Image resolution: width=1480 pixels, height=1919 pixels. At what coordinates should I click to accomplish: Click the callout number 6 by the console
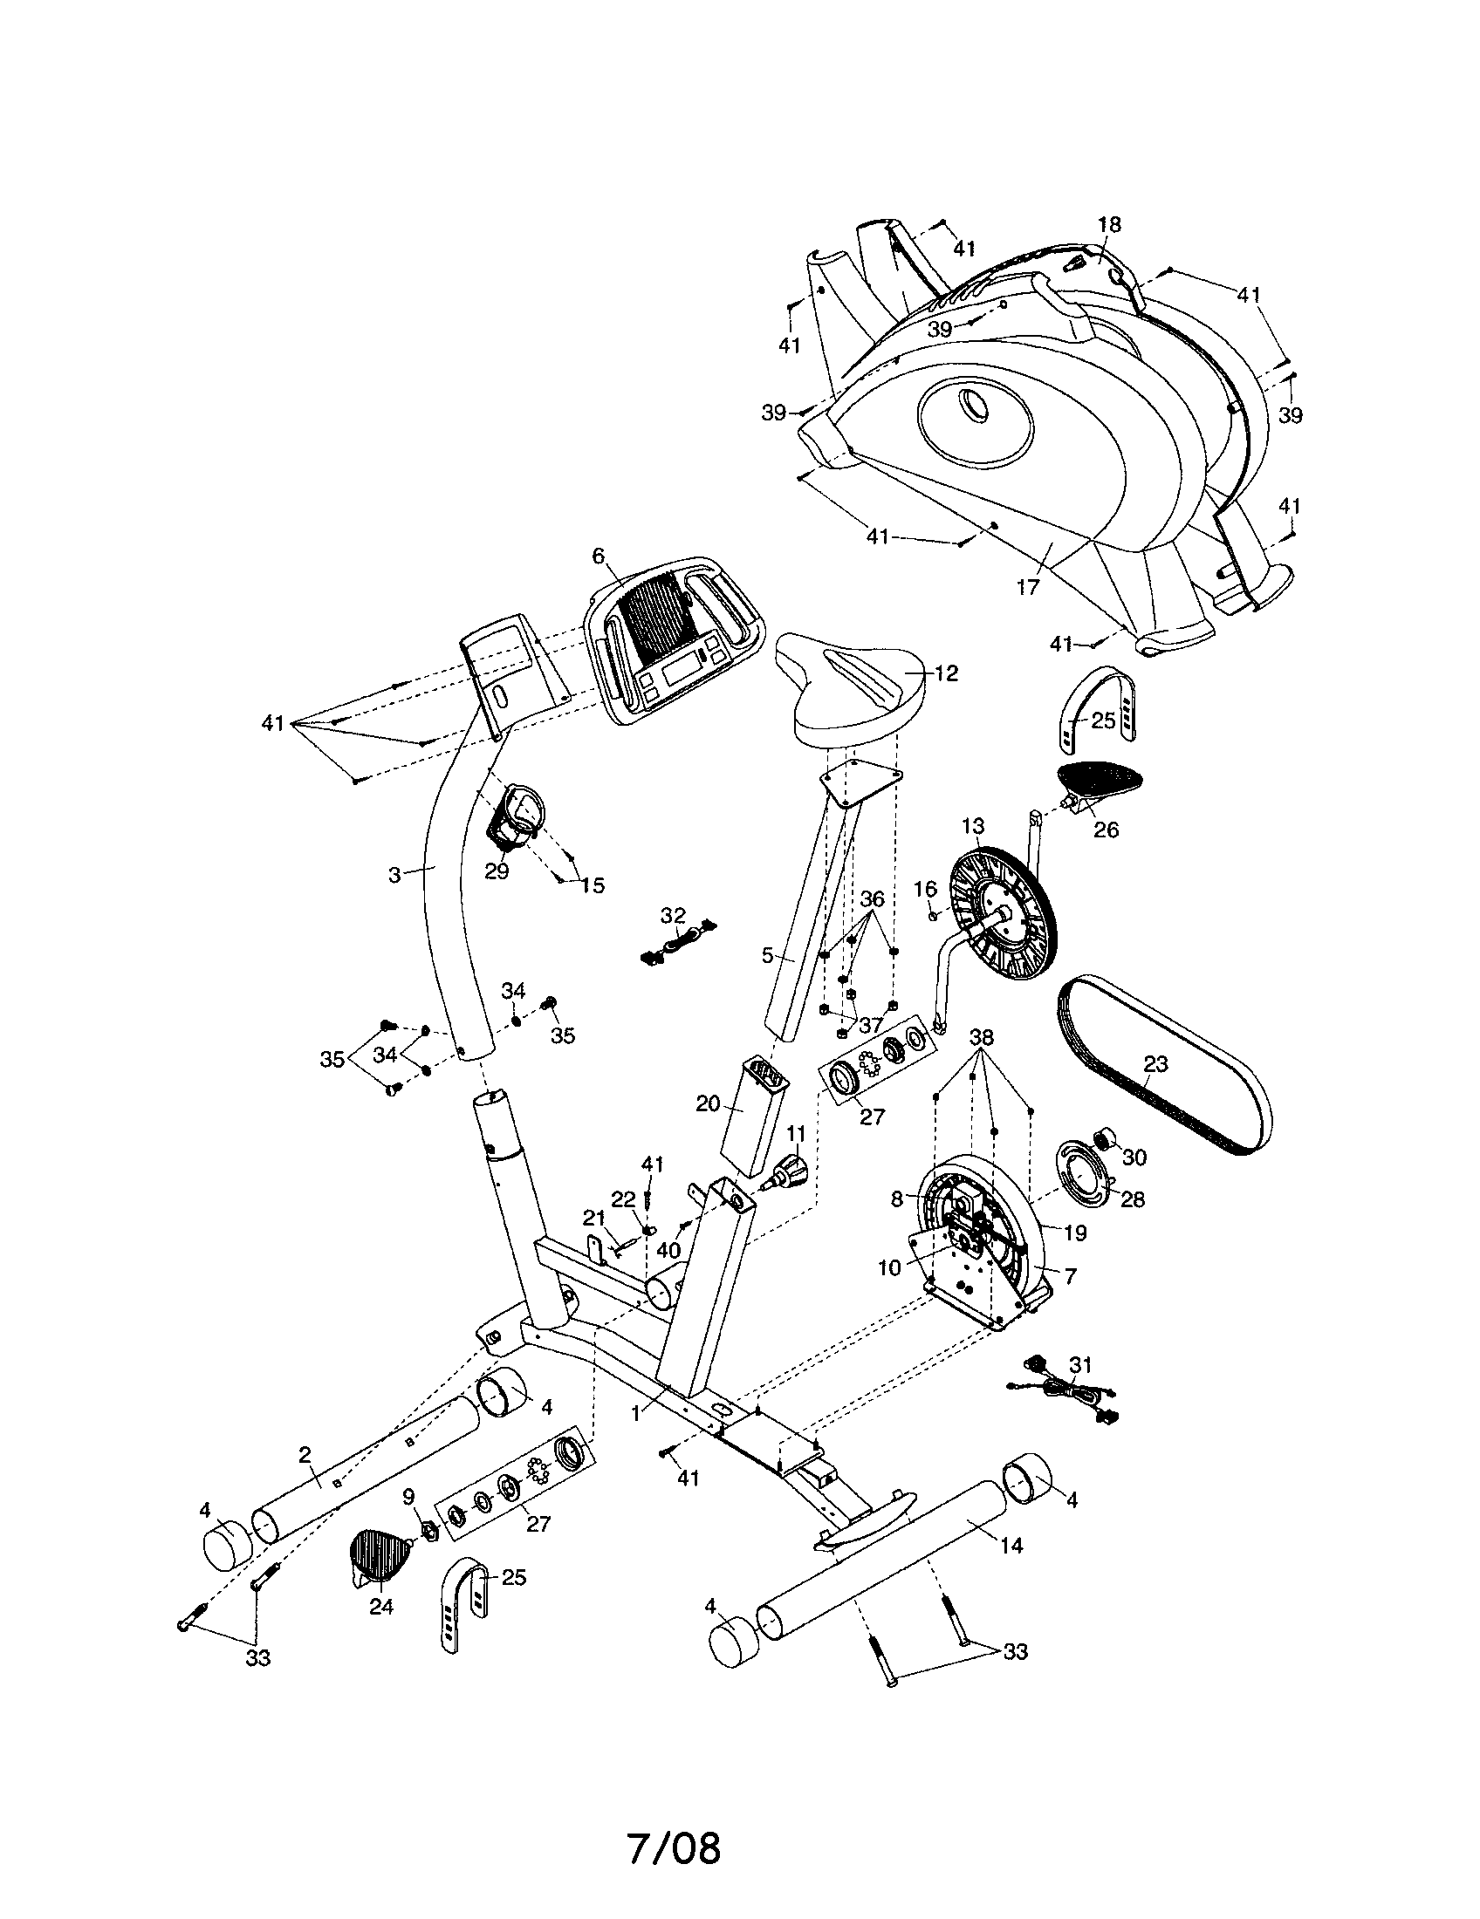[599, 555]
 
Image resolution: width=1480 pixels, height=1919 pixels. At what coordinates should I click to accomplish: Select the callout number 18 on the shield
[1109, 224]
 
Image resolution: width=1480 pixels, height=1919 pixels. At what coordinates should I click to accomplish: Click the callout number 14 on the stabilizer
[1011, 1546]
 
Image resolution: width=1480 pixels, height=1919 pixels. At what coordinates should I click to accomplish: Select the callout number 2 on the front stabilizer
[305, 1455]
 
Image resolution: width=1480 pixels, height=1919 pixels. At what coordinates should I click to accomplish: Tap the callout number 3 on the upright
[394, 874]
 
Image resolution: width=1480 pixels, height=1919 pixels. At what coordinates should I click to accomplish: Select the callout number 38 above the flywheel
[981, 1038]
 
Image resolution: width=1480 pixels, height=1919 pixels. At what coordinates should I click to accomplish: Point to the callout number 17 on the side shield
[1027, 587]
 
